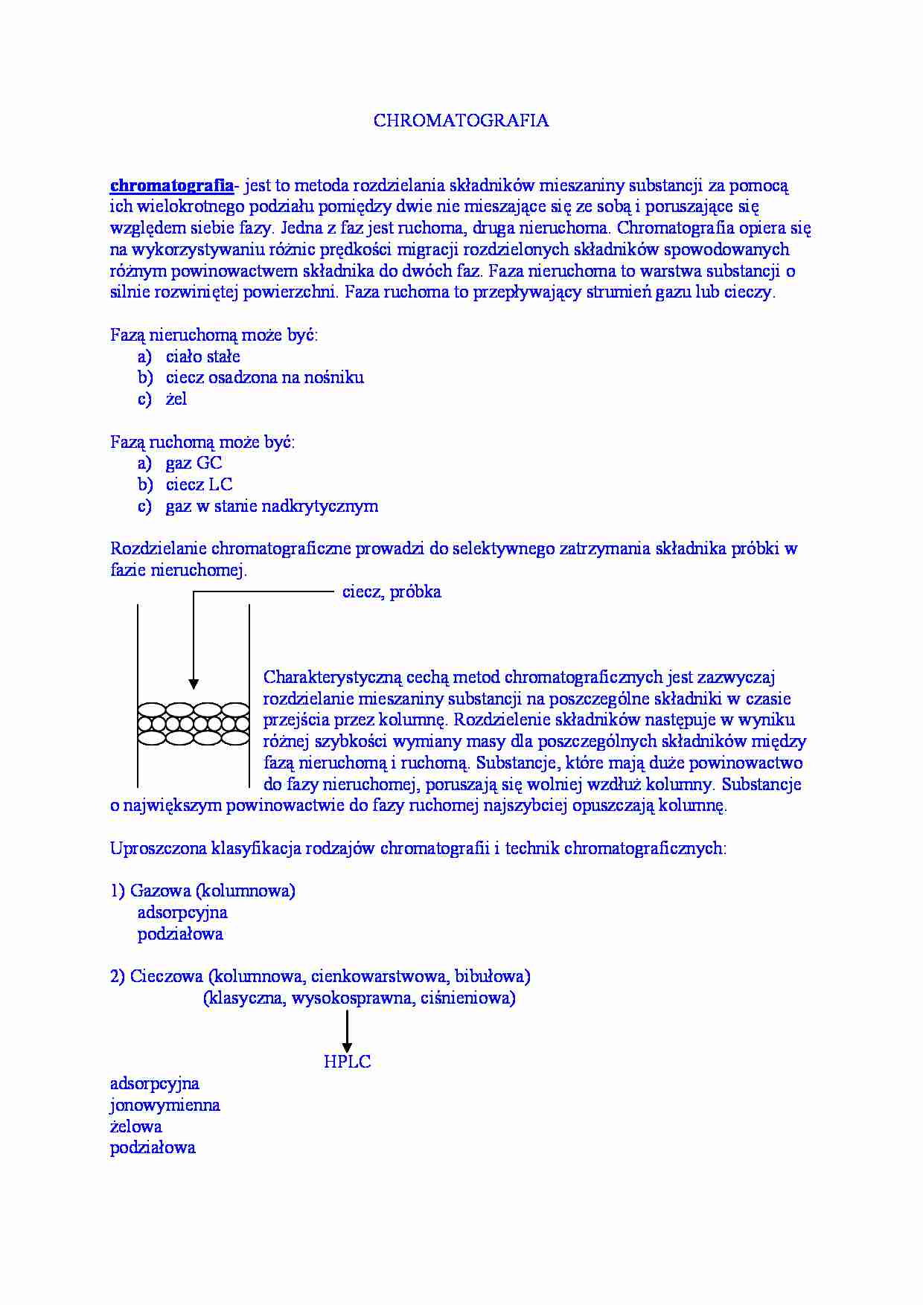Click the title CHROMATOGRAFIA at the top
point(461,121)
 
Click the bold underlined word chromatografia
point(171,185)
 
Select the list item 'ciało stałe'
point(202,356)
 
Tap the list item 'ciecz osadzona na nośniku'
point(264,378)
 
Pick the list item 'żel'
point(176,400)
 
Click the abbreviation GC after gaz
point(209,464)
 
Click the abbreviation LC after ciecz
point(220,485)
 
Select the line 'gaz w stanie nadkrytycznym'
point(272,507)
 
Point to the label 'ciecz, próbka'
point(392,592)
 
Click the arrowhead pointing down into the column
point(194,683)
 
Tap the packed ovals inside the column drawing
point(194,723)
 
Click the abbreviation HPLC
point(347,1062)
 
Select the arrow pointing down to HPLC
point(347,1033)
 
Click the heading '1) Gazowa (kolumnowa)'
point(202,891)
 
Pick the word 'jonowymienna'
point(165,1105)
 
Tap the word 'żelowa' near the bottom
point(135,1126)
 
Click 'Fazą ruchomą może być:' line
point(202,442)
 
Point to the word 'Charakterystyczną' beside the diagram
point(332,678)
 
